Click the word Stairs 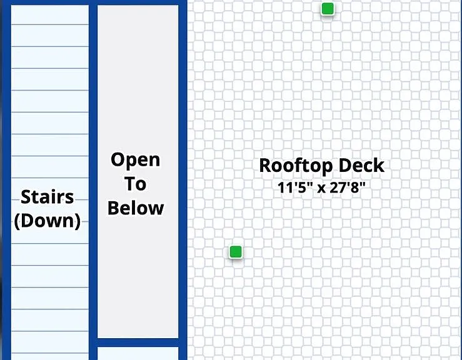tap(47, 197)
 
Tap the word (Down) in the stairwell tap(47, 221)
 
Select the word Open tap(136, 161)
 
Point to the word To tap(136, 184)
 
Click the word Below tap(136, 208)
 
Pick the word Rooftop tap(297, 166)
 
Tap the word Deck tap(361, 165)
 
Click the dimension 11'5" tap(295, 187)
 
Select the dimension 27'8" tap(348, 187)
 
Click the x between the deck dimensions tap(321, 189)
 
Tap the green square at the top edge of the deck tap(328, 9)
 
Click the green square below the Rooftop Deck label tap(236, 252)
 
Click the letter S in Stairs tap(26, 197)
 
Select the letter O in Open tap(118, 159)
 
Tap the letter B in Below tap(113, 208)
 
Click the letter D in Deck tap(345, 165)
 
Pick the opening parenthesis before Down tap(17, 221)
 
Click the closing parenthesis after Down tap(78, 221)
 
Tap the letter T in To tap(130, 184)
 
